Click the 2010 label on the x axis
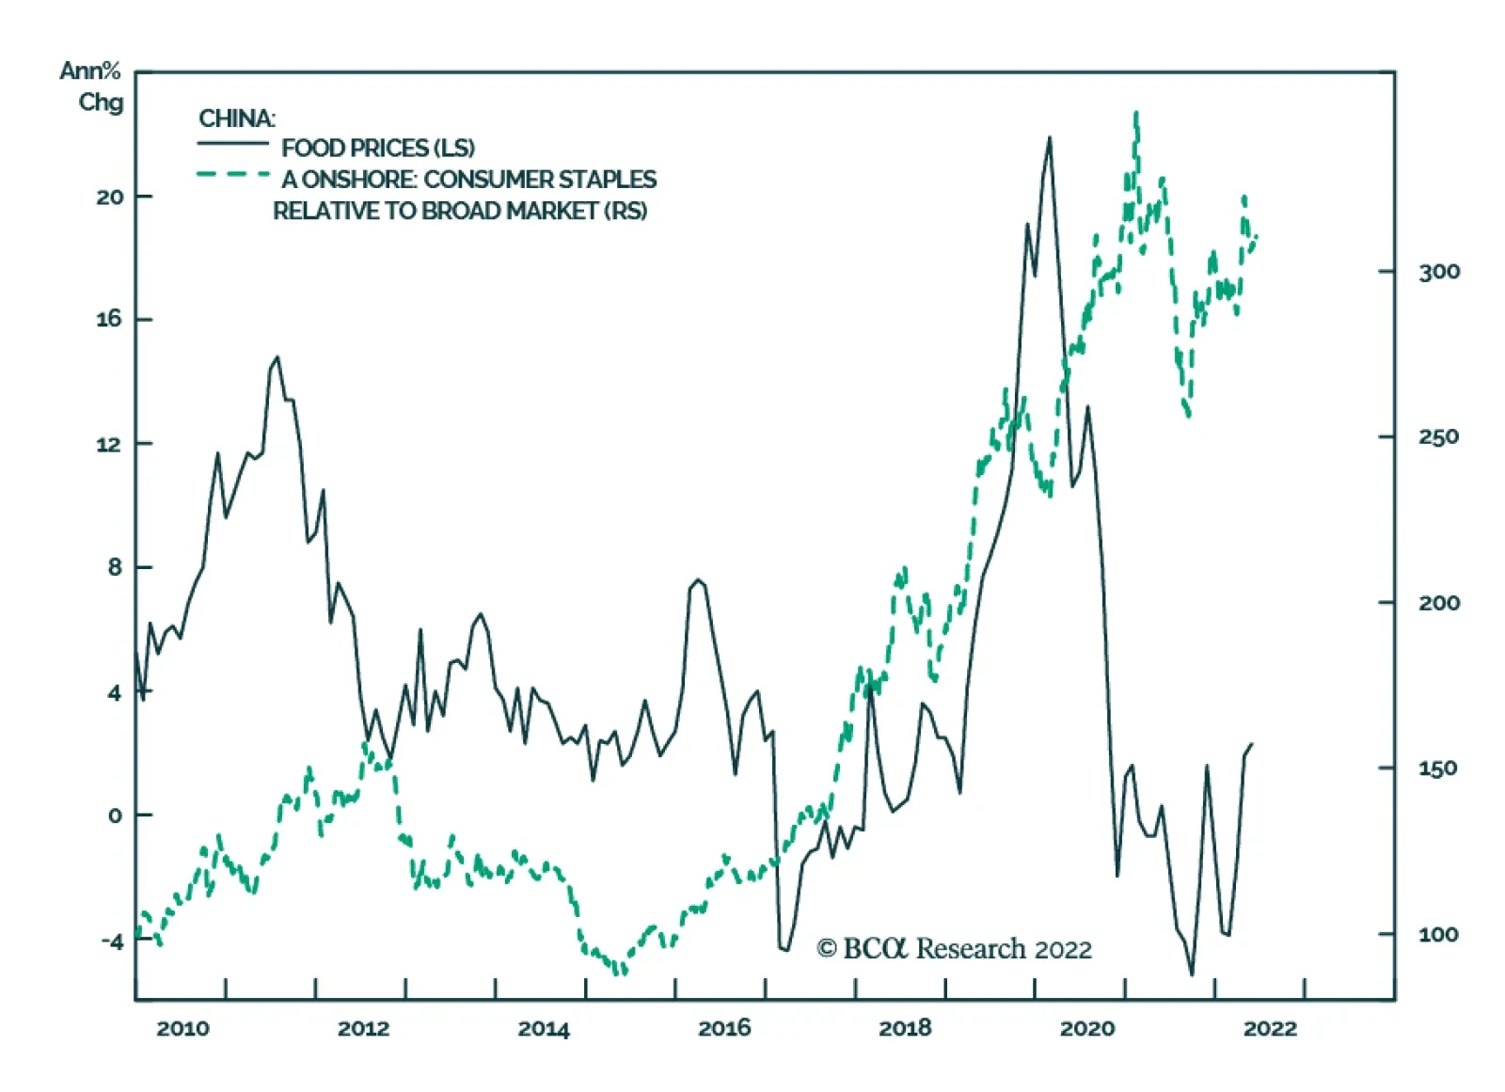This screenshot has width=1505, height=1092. pos(182,1028)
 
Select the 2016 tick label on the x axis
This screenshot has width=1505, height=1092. pos(724,1028)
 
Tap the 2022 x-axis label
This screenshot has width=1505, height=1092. pos(1270,1028)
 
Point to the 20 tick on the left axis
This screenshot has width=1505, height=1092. pos(109,197)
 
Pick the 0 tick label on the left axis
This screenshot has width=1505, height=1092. pos(115,815)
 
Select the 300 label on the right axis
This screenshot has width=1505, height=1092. pos(1439,272)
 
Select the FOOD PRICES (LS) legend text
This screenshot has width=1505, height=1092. pos(378,148)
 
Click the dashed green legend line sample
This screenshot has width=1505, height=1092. pos(232,175)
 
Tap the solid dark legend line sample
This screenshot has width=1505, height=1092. pos(232,144)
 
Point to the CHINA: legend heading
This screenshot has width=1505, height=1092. pos(237,119)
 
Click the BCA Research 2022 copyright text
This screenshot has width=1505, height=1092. pos(954,948)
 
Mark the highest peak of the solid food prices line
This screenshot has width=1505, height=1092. pos(1049,138)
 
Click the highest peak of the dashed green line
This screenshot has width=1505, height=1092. pos(1136,114)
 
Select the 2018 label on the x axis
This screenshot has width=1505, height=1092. pos(905,1028)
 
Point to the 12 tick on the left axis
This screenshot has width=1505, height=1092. pos(109,444)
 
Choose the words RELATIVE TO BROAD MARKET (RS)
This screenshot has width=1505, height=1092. pos(460,211)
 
